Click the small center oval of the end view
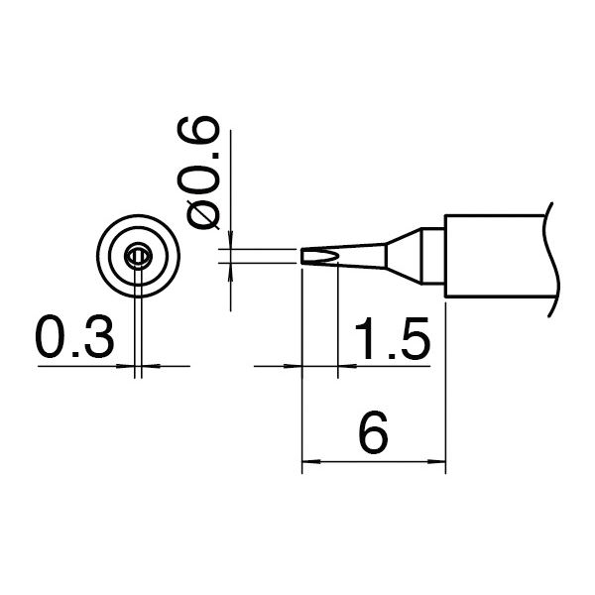[x=138, y=258]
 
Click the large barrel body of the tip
[x=496, y=256]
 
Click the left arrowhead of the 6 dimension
[x=307, y=461]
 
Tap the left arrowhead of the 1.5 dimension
[x=295, y=366]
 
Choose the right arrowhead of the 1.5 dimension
[x=345, y=366]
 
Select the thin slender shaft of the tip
[x=357, y=257]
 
